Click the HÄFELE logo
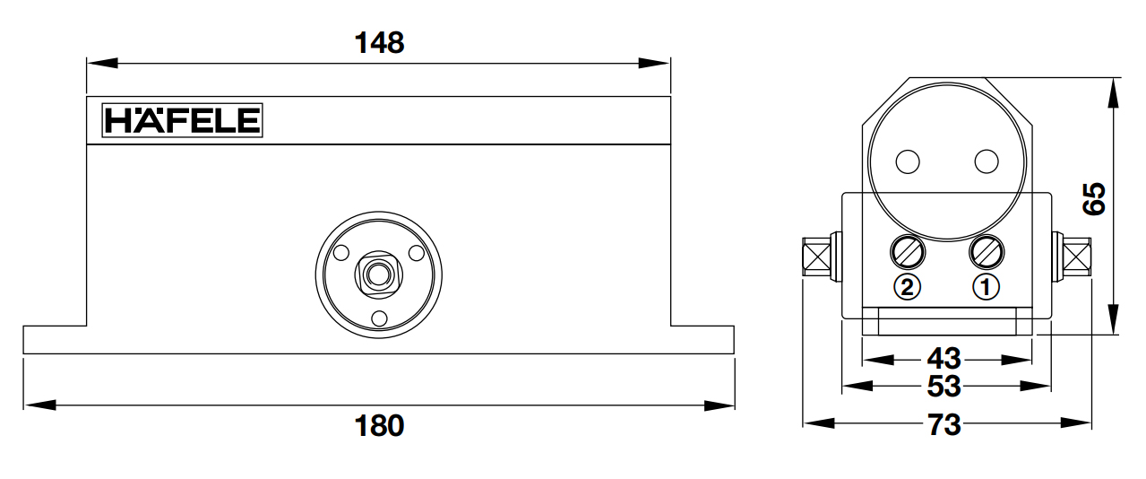(x=183, y=120)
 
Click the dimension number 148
(x=379, y=42)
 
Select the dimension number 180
(x=379, y=425)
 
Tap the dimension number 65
(x=1094, y=199)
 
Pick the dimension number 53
(x=944, y=387)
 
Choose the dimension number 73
(x=944, y=424)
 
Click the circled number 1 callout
(x=986, y=287)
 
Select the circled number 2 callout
(x=907, y=287)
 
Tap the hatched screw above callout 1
(x=986, y=252)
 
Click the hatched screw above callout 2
(x=907, y=252)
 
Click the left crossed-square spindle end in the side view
(x=816, y=257)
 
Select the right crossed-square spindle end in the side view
(x=1077, y=257)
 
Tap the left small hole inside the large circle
(x=907, y=161)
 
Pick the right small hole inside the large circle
(x=986, y=161)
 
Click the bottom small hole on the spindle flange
(x=378, y=317)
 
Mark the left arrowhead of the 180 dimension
(x=32, y=405)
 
